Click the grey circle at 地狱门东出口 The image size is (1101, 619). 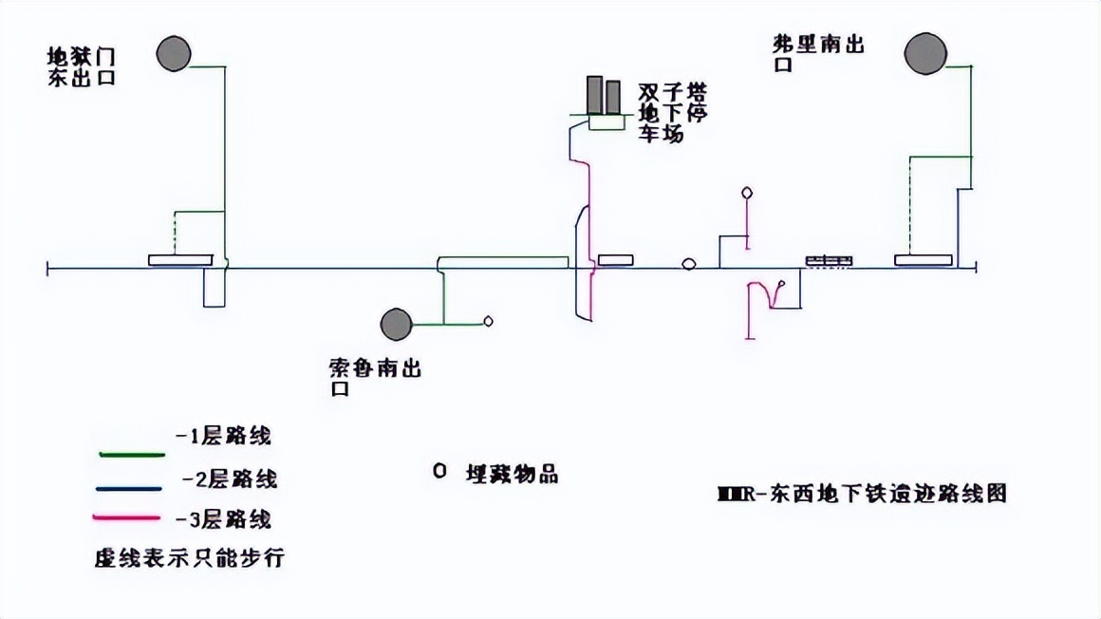(x=173, y=53)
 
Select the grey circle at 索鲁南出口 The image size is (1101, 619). (x=396, y=325)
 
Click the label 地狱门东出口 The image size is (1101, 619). (x=82, y=66)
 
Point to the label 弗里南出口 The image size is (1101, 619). (x=819, y=53)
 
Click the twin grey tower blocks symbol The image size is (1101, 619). (x=603, y=97)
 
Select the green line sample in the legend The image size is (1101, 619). (x=131, y=455)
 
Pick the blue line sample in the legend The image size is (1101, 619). (x=131, y=489)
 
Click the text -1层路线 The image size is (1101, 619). (x=224, y=437)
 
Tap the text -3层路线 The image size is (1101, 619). (x=224, y=519)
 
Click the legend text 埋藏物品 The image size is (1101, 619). (x=511, y=474)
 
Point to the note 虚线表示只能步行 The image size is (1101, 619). (x=189, y=558)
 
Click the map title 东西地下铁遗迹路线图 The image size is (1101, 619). (x=862, y=495)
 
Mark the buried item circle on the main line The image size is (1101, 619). (x=689, y=264)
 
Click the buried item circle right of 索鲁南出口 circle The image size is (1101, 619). (x=489, y=321)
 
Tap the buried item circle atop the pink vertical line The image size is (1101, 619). (x=747, y=194)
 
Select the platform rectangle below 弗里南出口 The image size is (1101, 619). (x=923, y=260)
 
